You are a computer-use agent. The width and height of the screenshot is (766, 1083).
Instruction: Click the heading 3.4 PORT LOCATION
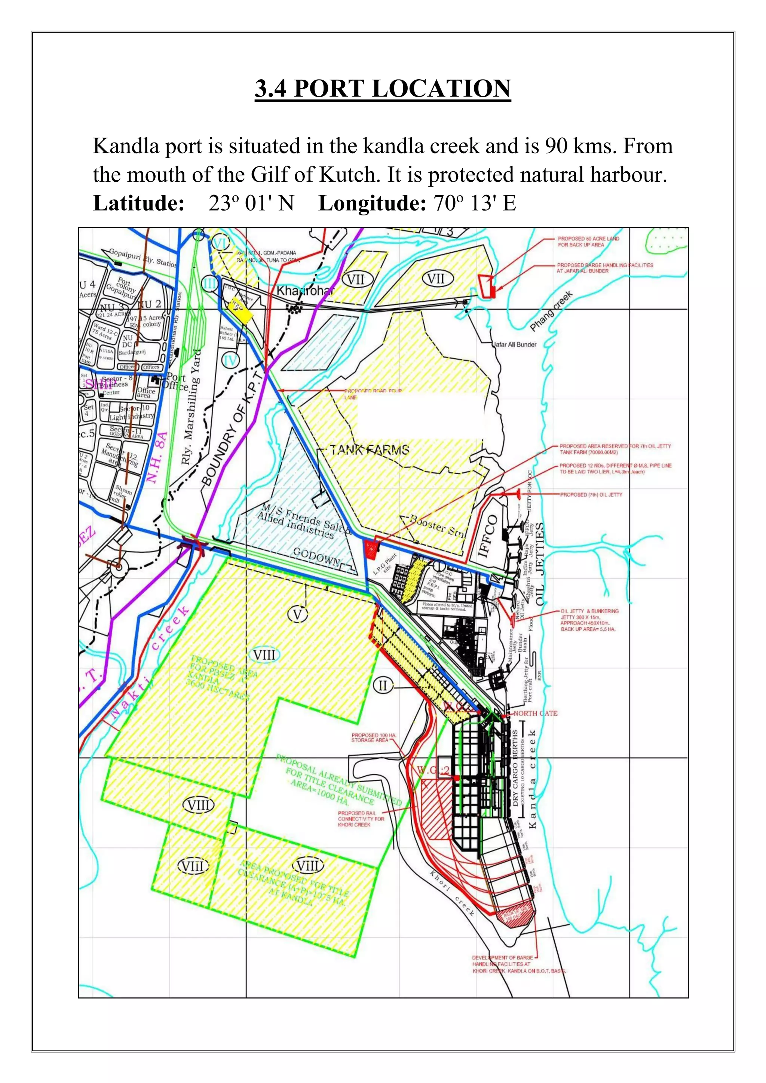383,88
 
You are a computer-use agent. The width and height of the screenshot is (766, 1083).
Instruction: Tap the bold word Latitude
138,203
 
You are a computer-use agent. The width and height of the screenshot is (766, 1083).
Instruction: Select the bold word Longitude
372,203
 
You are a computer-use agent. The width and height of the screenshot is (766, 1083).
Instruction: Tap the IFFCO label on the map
488,536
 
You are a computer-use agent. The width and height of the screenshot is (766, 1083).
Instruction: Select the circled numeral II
383,686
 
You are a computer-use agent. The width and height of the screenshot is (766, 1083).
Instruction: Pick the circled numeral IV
231,361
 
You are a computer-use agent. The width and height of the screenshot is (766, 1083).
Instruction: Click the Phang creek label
551,311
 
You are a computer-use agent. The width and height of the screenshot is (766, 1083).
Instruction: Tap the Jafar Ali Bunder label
515,344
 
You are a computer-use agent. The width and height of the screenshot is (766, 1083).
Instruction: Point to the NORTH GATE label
535,713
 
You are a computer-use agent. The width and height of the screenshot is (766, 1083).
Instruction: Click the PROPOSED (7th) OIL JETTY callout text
591,494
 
